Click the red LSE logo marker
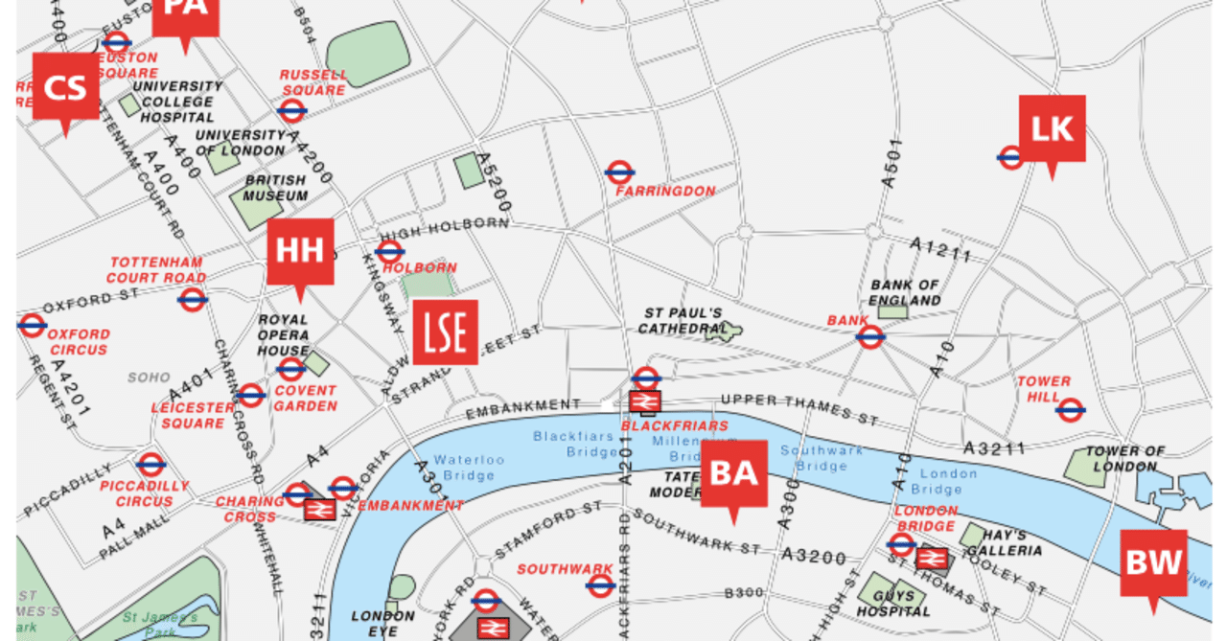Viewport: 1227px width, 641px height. pos(445,332)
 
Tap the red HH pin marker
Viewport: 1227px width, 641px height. pos(300,252)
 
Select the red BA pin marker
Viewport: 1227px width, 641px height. pos(734,473)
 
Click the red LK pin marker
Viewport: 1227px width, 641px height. pos(1052,128)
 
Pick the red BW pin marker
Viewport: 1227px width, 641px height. pos(1153,563)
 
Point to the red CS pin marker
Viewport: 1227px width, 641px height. pos(65,87)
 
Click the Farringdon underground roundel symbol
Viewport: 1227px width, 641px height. pos(619,172)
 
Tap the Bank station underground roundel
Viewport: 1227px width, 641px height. pos(870,336)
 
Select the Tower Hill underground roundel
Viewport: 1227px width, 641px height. pos(1070,410)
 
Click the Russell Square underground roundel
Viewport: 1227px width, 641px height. pos(292,110)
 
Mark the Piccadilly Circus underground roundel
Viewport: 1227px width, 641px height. pos(150,466)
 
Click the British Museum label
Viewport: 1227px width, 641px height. pos(276,188)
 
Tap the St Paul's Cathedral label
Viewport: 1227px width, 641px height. pos(682,321)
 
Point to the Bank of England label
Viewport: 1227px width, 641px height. pos(904,292)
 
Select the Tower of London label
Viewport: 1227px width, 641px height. pos(1124,459)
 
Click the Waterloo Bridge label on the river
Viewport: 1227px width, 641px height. pos(469,468)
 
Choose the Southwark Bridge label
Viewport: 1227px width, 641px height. pos(822,458)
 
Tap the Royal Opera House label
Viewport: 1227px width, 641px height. pos(283,335)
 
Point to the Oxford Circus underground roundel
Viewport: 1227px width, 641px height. pos(32,325)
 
